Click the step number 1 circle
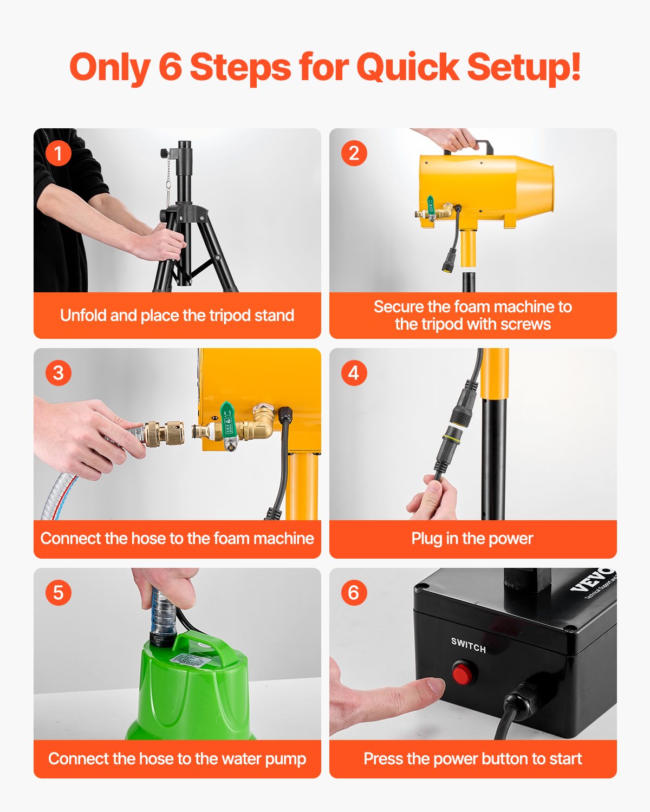click(58, 153)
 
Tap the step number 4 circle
click(354, 373)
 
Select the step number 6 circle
click(354, 592)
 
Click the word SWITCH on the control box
click(469, 645)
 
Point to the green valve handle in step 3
click(227, 414)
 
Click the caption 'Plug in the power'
click(472, 539)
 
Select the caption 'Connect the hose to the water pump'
click(177, 759)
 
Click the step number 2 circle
click(354, 153)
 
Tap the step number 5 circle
click(58, 592)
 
